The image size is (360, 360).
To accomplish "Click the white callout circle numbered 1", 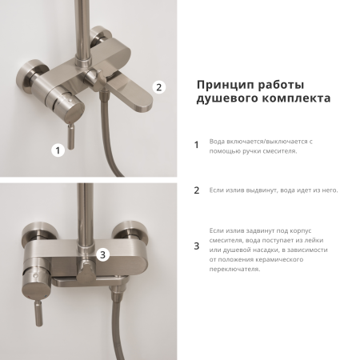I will pos(56,150).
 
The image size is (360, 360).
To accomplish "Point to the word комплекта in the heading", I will pos(290,102).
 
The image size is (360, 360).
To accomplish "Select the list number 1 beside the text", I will pos(197,146).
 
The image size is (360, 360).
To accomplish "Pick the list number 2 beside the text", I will pos(197,190).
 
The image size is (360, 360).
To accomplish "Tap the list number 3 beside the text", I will pos(197,246).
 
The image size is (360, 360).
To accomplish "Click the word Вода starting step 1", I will pos(217,141).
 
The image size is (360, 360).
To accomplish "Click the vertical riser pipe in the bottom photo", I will pos(83,208).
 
